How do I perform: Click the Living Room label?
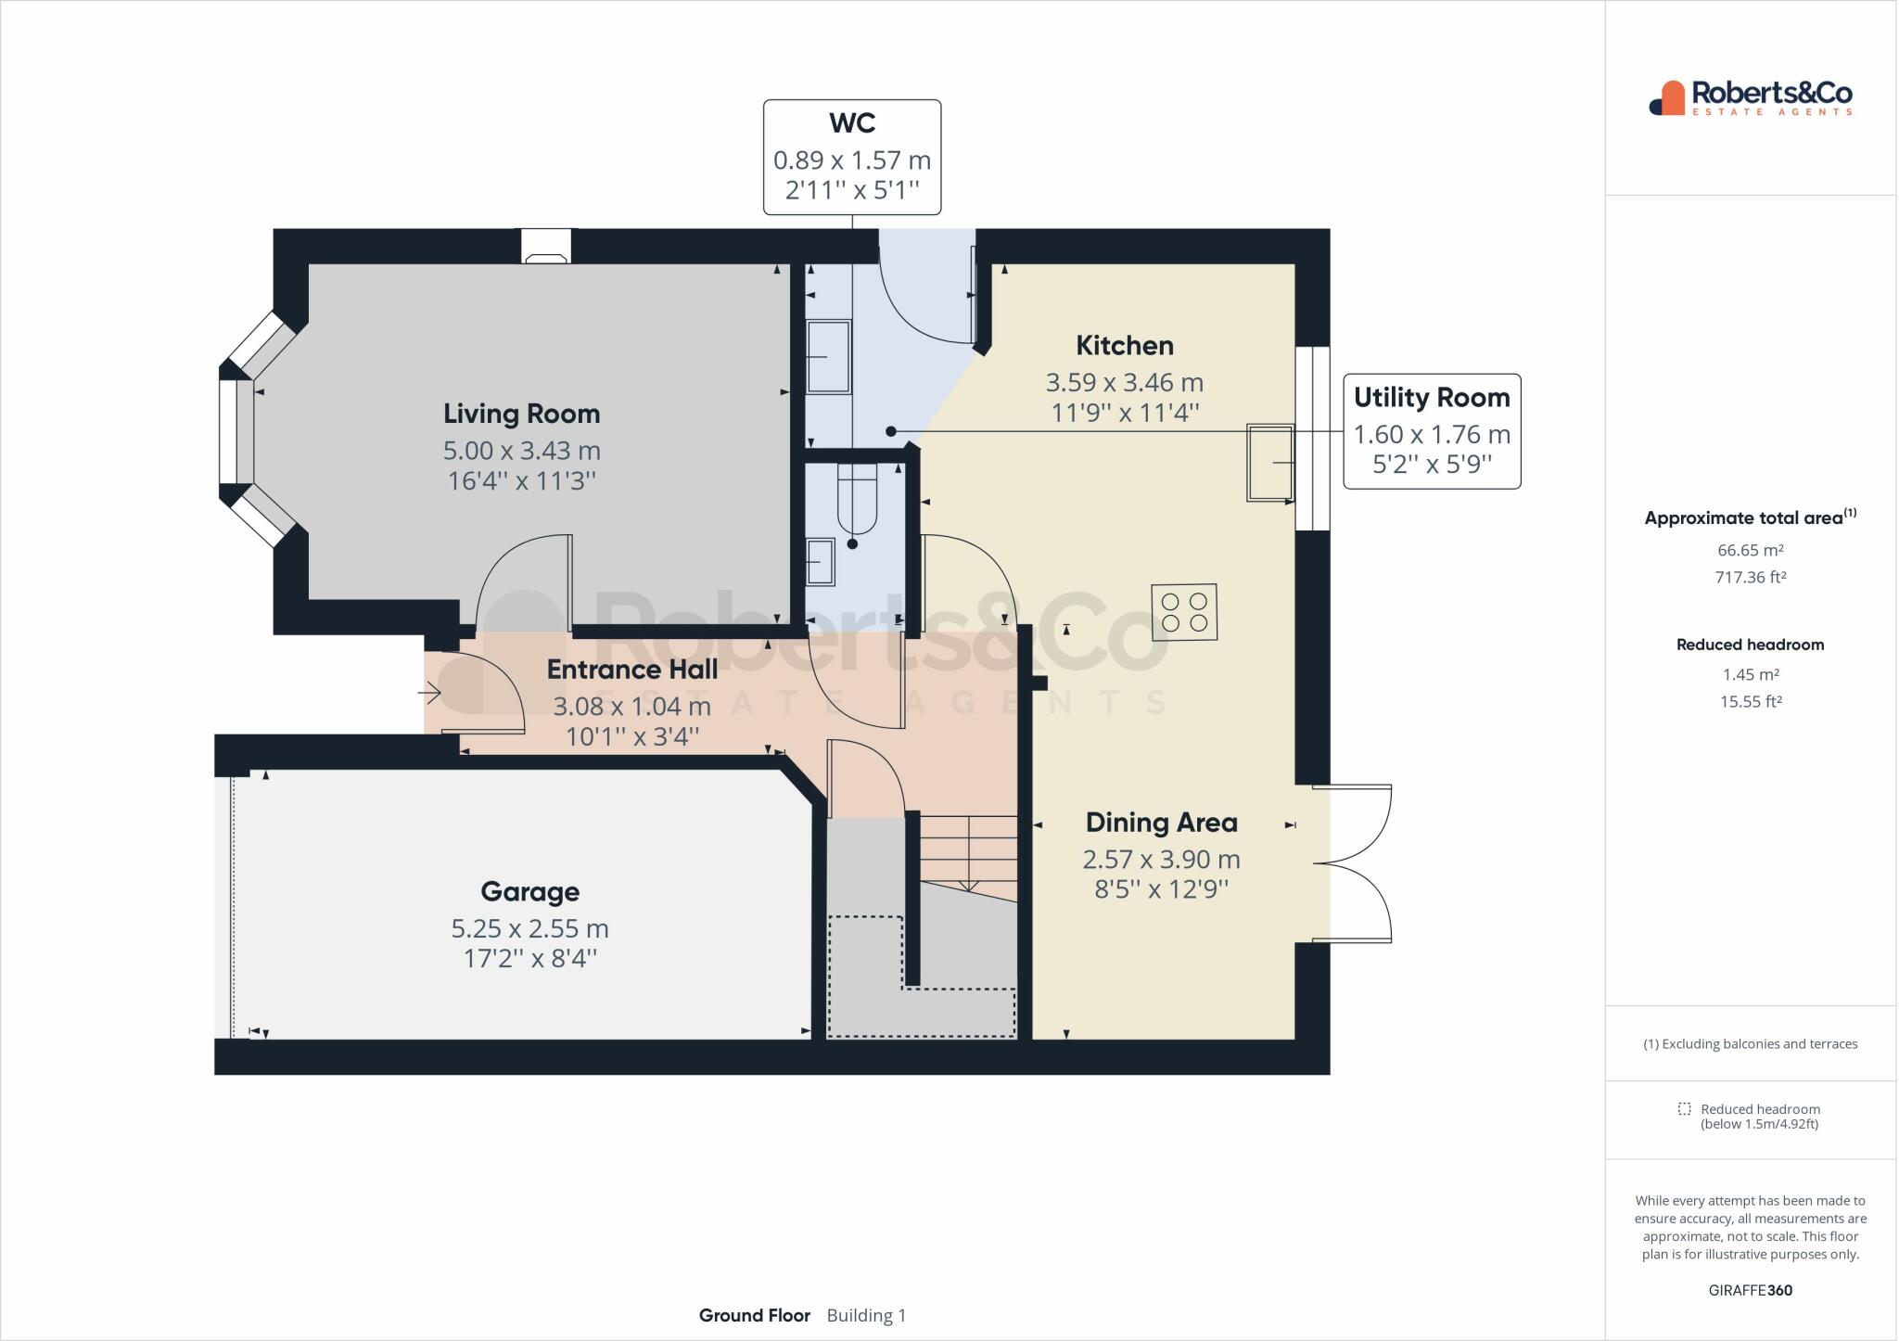pyautogui.click(x=521, y=414)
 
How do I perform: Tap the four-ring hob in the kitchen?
pyautogui.click(x=1184, y=612)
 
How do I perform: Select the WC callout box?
pyautogui.click(x=851, y=158)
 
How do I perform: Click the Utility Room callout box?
pyautogui.click(x=1431, y=431)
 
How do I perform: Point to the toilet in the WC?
pyautogui.click(x=856, y=500)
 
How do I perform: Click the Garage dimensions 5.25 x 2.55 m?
pyautogui.click(x=529, y=928)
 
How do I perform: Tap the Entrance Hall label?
pyautogui.click(x=631, y=670)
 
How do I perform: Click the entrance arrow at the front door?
pyautogui.click(x=429, y=692)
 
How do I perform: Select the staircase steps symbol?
pyautogui.click(x=969, y=853)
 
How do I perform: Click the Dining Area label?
pyautogui.click(x=1161, y=823)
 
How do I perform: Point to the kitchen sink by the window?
pyautogui.click(x=1270, y=463)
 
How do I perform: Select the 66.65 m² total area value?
pyautogui.click(x=1750, y=550)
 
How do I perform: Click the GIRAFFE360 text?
pyautogui.click(x=1750, y=1290)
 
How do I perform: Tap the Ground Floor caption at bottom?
pyautogui.click(x=754, y=1315)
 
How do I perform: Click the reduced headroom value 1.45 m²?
pyautogui.click(x=1750, y=675)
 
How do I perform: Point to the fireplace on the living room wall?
pyautogui.click(x=545, y=248)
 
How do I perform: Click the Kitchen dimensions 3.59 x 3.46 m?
pyautogui.click(x=1124, y=382)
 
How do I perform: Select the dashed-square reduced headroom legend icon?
pyautogui.click(x=1684, y=1109)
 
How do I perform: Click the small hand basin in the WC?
pyautogui.click(x=820, y=562)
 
